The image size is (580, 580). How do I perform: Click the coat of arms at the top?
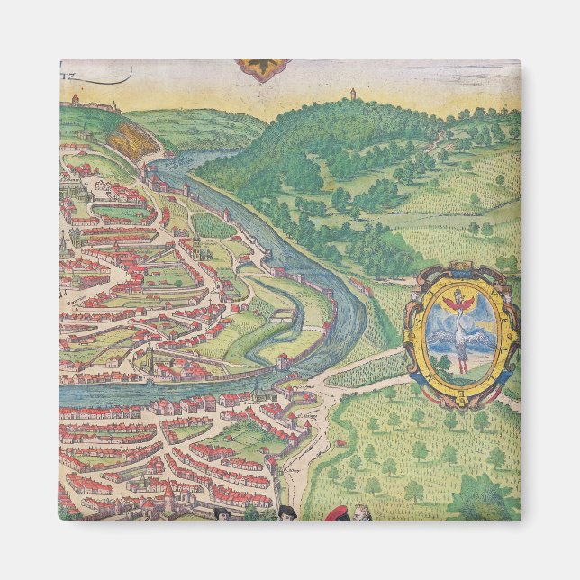click(x=263, y=69)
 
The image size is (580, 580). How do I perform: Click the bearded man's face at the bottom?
click(x=361, y=514)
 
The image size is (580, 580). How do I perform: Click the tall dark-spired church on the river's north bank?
click(x=151, y=367)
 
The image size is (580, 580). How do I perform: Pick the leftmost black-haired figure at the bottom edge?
click(x=222, y=513)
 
